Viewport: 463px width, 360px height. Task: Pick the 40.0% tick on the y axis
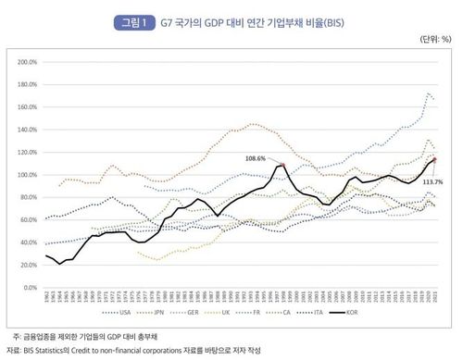(26, 242)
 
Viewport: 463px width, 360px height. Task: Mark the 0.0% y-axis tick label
(28, 288)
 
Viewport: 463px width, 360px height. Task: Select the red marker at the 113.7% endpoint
(434, 160)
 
